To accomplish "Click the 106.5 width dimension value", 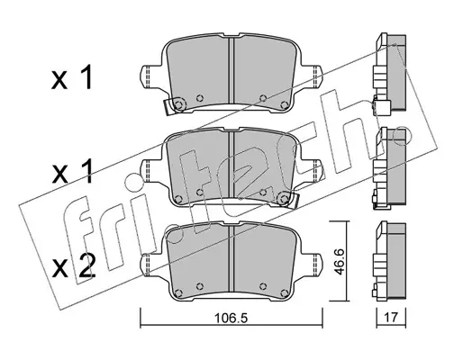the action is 231,318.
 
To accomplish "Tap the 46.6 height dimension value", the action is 339,261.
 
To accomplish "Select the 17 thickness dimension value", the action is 391,318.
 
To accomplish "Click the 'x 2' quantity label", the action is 73,265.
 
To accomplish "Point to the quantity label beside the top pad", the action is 71,77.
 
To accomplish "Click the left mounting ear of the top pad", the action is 151,76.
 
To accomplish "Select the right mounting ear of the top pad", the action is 313,76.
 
